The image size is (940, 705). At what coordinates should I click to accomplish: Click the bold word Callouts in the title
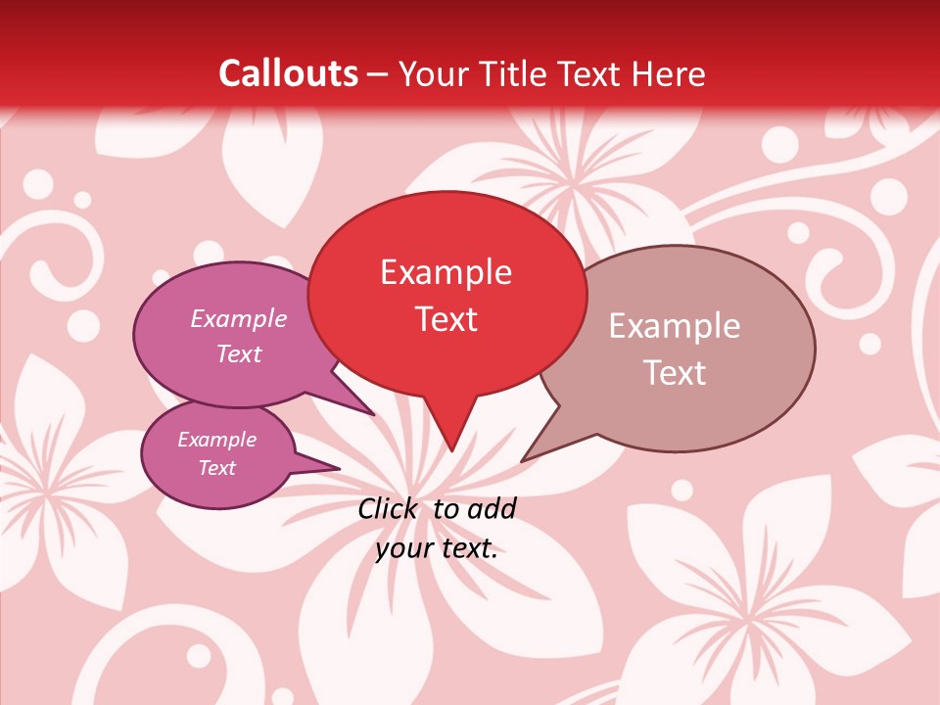[288, 73]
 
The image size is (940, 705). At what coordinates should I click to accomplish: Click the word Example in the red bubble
[446, 272]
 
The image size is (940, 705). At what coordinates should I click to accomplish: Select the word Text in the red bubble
[446, 319]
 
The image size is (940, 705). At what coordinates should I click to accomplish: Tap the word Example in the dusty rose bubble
[675, 326]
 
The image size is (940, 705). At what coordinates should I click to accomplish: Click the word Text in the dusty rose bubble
[675, 373]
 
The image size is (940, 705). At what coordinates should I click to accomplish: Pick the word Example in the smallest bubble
[217, 440]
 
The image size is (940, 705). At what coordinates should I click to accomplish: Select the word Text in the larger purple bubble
[239, 353]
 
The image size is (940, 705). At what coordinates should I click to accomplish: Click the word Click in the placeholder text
[389, 508]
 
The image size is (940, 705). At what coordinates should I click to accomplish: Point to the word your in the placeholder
[402, 548]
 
